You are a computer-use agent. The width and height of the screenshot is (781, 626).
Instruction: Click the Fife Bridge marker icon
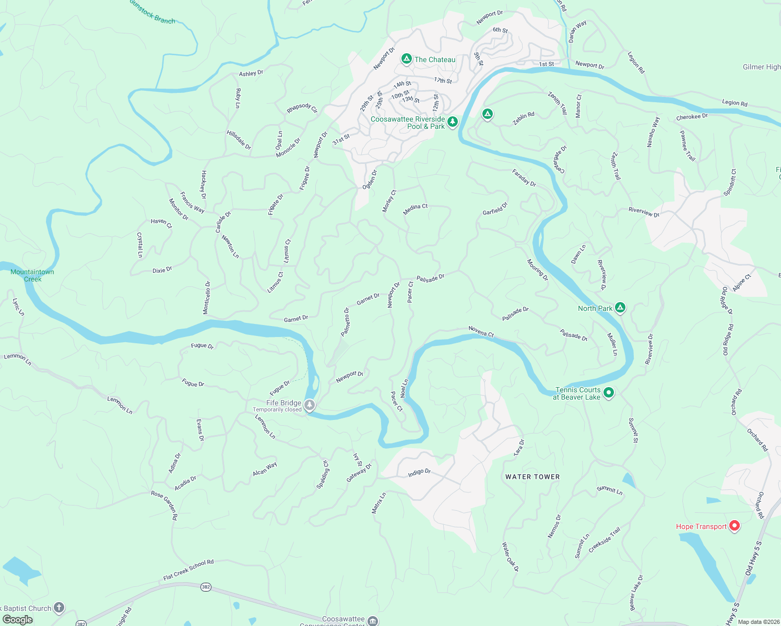pos(310,405)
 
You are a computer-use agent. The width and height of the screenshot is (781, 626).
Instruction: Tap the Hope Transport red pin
pos(734,526)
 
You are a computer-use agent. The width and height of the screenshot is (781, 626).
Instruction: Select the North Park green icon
pos(620,308)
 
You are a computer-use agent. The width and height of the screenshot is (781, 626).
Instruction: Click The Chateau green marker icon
pos(407,59)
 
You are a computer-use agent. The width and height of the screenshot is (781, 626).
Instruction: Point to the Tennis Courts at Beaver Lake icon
pos(609,393)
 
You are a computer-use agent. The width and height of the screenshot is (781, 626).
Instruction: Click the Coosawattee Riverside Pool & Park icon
pos(453,122)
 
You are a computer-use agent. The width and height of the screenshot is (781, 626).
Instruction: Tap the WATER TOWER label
pos(532,477)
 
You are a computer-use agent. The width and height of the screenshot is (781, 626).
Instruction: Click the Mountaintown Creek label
pos(32,275)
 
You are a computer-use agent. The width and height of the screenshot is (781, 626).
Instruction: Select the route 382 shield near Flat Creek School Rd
pos(206,587)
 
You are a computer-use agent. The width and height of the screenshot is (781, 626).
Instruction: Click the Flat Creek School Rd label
pos(188,570)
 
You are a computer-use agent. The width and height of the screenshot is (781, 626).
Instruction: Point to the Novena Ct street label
pos(481,332)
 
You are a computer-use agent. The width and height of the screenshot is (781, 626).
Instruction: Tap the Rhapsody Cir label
pos(302,108)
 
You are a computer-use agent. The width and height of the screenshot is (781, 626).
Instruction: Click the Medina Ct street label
pos(416,209)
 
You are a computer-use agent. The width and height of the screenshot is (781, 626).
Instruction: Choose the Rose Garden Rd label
pos(164,505)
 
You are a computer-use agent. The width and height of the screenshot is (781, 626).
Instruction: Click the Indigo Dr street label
pos(419,472)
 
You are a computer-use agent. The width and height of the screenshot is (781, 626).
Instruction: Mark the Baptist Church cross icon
pos(59,607)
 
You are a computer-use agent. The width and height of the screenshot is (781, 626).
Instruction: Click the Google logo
pos(18,620)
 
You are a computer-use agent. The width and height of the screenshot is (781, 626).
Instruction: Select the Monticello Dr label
pos(207,298)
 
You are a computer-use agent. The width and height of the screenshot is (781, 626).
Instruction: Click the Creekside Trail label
pos(605,540)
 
